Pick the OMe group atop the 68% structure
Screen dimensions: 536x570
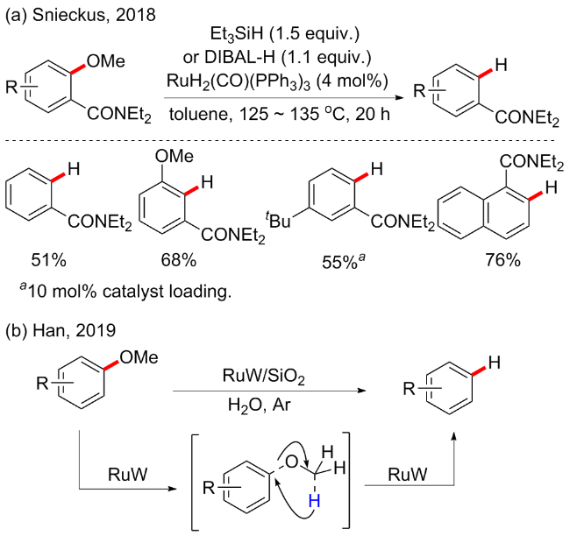(x=179, y=158)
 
